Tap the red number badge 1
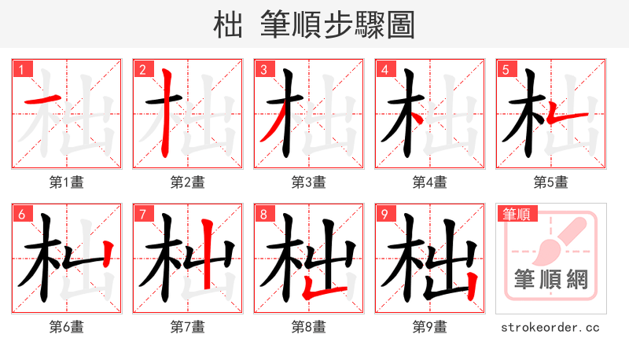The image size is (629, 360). point(20,69)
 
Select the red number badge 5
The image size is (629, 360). point(505,69)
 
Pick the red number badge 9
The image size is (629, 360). point(384,214)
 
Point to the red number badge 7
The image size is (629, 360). point(142,214)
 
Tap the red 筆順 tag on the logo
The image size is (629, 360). point(515,214)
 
